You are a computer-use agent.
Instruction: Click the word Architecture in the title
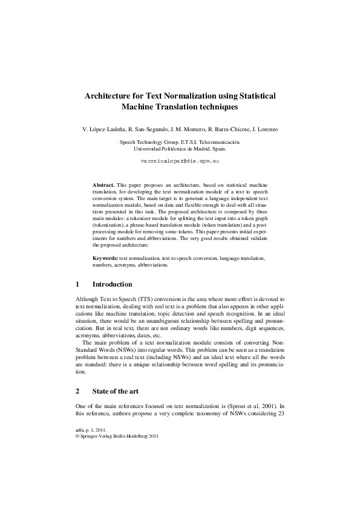[110, 96]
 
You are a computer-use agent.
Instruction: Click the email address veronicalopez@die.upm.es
[180, 163]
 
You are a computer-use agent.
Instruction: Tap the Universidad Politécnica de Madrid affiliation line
[180, 148]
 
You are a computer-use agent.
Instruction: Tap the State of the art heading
[116, 391]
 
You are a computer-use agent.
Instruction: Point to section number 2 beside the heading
[77, 391]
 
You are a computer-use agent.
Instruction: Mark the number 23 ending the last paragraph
[282, 414]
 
